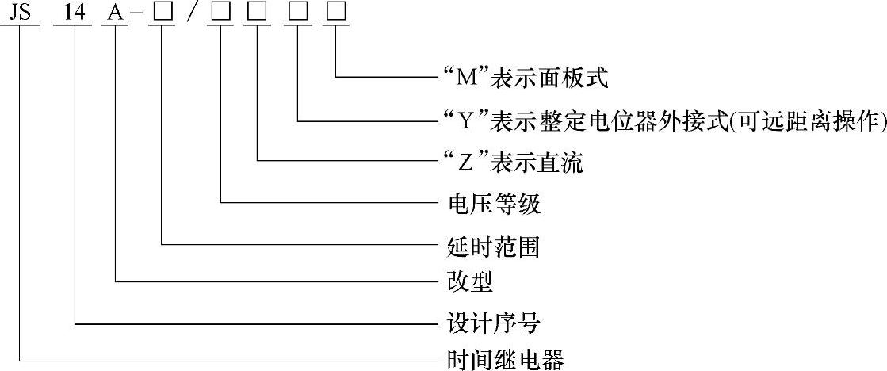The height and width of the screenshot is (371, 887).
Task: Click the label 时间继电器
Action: coord(502,360)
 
